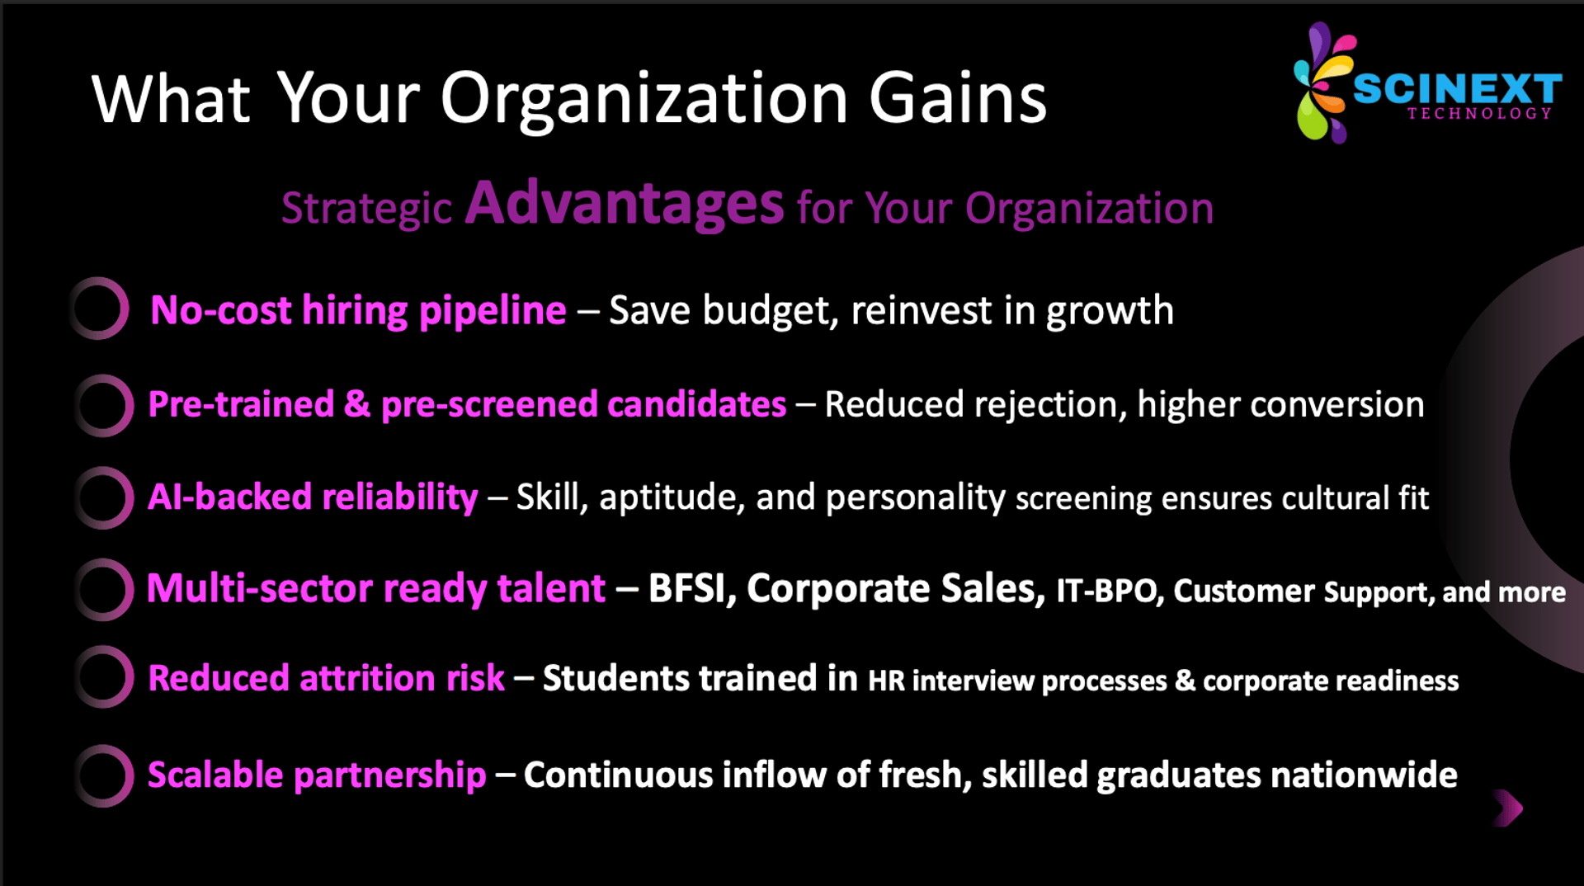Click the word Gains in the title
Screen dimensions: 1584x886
[x=958, y=98]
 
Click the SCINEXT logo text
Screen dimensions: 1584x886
[x=1457, y=88]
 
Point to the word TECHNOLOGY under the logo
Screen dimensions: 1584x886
[x=1479, y=114]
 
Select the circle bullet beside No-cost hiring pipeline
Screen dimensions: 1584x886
[x=99, y=309]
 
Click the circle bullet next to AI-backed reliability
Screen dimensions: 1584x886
[x=103, y=497]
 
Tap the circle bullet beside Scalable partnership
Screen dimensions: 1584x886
[x=103, y=775]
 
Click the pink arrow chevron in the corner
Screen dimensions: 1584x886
[x=1508, y=808]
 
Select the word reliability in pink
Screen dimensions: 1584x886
[x=399, y=497]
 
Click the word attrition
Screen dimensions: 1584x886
[x=367, y=678]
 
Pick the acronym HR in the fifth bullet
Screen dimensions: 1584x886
[x=886, y=681]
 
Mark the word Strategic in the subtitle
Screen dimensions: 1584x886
[x=366, y=209]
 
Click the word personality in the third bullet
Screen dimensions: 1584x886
[x=916, y=498]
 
